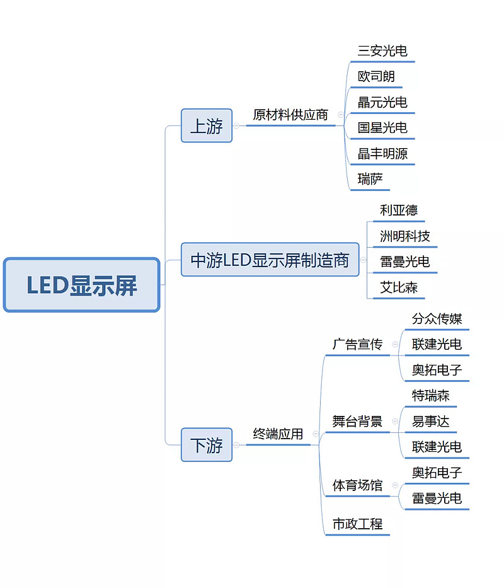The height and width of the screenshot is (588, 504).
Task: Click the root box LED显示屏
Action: coord(81,285)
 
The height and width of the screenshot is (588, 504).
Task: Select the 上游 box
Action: coord(206,125)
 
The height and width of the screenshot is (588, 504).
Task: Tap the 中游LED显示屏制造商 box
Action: coord(270,259)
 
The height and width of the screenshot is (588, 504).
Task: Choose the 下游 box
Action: coord(206,444)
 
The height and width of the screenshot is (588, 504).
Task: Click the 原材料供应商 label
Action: coord(290,115)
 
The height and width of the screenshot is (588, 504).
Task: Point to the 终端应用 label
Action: coord(278,434)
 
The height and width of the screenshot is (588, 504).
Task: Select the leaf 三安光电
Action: coord(382,51)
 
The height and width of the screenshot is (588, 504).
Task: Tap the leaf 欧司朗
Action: coord(376,77)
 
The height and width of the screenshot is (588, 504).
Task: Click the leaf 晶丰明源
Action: coord(383,154)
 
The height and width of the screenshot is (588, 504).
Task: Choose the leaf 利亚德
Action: coord(398,210)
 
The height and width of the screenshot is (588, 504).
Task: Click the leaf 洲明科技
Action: coord(404,236)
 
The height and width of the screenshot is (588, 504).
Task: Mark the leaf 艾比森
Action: coord(398,288)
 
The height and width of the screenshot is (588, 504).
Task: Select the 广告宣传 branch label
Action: coord(357,345)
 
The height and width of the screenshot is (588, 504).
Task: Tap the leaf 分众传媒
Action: coord(437,319)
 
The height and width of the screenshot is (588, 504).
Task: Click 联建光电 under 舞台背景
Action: coord(437,447)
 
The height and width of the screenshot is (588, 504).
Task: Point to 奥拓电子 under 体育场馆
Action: coord(437,473)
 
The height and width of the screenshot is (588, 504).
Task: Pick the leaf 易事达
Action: coord(430,422)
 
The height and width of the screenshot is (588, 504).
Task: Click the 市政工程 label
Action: coord(357,524)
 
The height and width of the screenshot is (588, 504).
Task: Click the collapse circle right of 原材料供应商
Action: coord(341,115)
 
